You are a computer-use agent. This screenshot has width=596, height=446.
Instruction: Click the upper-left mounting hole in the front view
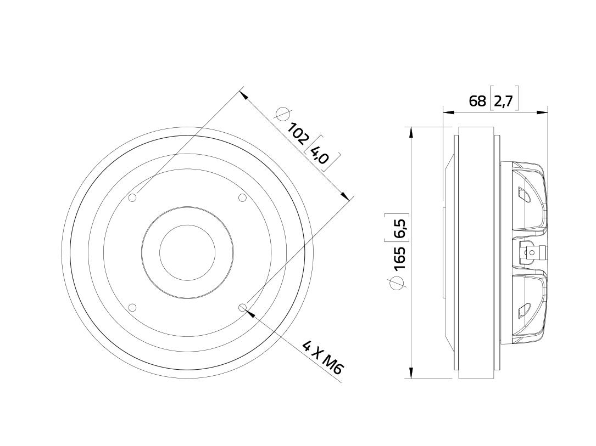tap(132, 197)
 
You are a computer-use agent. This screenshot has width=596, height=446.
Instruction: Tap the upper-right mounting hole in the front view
tap(242, 197)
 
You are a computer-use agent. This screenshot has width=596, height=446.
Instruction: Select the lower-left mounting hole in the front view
tap(132, 307)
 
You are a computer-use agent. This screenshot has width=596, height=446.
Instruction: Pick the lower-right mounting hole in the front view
tap(242, 307)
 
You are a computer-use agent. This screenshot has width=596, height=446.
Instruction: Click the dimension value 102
tap(297, 134)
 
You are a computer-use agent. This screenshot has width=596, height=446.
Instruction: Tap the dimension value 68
tap(477, 101)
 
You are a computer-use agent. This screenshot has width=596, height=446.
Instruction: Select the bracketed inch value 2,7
tap(504, 101)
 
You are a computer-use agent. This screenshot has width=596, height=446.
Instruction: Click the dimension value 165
tap(400, 259)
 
